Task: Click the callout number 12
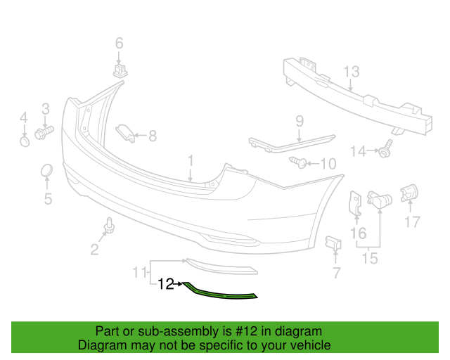click(166, 284)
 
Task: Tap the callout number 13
click(352, 72)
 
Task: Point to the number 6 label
click(118, 43)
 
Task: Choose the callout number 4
click(23, 117)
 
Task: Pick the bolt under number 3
click(44, 132)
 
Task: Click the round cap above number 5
click(46, 172)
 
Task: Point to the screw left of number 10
click(298, 163)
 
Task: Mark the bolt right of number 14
click(386, 150)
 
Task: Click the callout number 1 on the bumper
click(190, 165)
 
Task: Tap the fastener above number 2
click(109, 226)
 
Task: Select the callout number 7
click(335, 272)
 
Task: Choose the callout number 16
click(358, 233)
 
